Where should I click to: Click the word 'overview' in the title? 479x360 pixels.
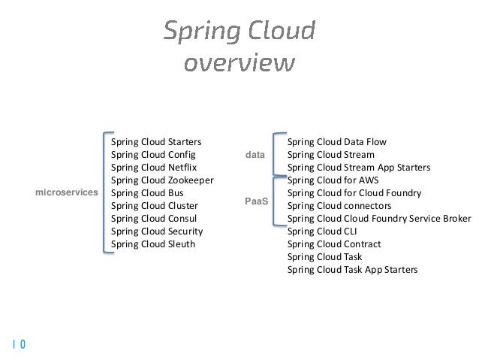[x=239, y=62]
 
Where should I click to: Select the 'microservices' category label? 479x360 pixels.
[x=67, y=193]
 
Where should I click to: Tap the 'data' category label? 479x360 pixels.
[x=256, y=154]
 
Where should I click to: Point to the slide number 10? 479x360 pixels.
[x=19, y=345]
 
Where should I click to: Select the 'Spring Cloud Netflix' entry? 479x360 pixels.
[x=153, y=167]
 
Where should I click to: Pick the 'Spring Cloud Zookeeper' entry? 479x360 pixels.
[x=162, y=180]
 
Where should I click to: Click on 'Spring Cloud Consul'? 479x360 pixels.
[x=153, y=219]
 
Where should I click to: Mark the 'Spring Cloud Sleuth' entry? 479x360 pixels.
[x=152, y=244]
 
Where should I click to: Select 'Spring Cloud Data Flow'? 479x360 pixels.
[x=336, y=141]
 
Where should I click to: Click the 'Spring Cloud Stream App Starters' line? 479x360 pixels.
[x=358, y=167]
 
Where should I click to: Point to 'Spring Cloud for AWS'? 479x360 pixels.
[x=333, y=180]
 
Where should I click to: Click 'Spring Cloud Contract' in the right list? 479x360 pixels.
[x=334, y=244]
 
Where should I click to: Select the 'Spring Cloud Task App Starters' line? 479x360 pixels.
[x=352, y=270]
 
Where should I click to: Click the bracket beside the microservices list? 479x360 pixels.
[x=104, y=193]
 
